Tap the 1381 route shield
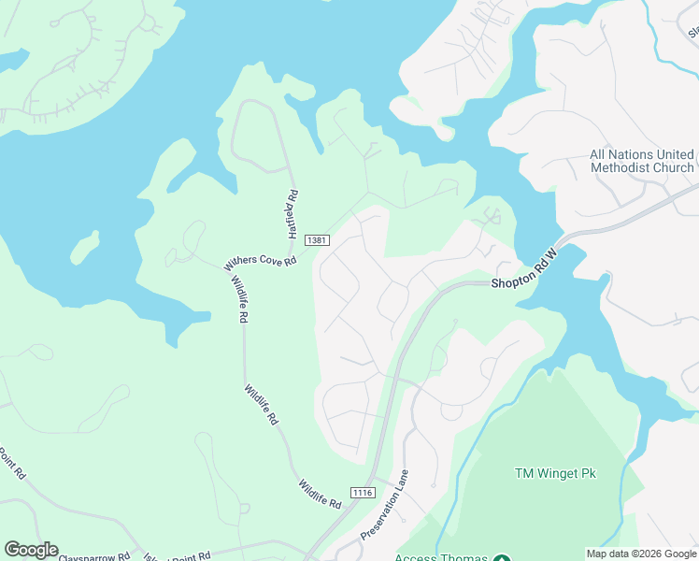pos(317,241)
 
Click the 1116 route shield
pos(363,493)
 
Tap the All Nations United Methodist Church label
pos(641,161)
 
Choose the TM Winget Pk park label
pos(555,473)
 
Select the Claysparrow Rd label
pos(93,556)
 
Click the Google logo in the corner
pos(31,550)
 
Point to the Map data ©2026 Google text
pos(640,554)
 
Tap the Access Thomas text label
pos(441,557)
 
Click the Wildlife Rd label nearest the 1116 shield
pos(321,493)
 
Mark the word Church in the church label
pos(674,168)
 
